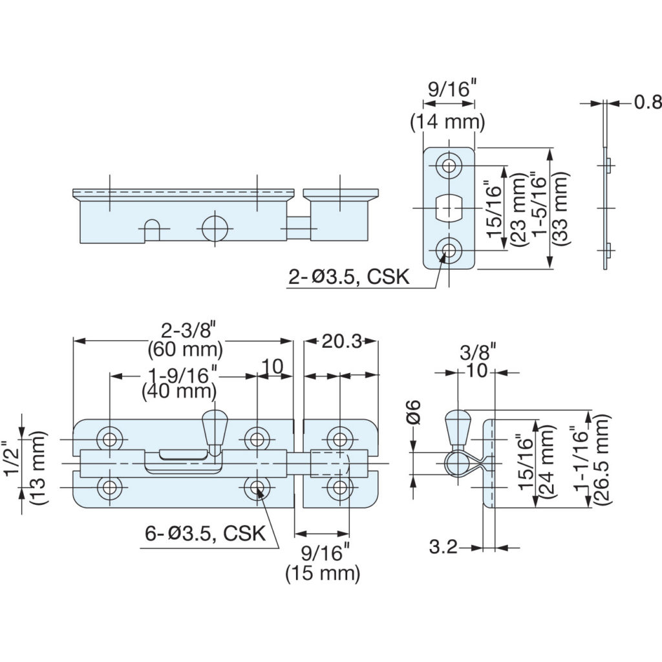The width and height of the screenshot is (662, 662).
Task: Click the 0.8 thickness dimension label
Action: click(648, 103)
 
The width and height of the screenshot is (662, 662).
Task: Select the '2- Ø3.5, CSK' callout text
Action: click(349, 277)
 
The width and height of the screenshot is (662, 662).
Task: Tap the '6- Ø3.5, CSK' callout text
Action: click(205, 533)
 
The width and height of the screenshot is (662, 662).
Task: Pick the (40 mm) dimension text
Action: click(179, 391)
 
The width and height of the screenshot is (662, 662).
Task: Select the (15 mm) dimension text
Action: click(323, 574)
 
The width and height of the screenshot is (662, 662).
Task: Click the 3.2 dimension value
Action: click(443, 547)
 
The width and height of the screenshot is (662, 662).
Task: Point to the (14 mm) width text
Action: click(448, 122)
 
